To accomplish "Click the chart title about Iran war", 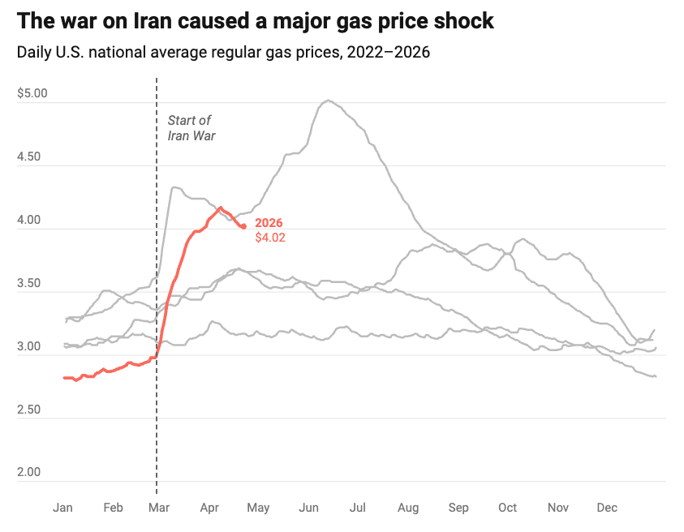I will [x=255, y=20].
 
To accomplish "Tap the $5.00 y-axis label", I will [x=32, y=93].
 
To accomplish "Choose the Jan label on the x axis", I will [x=62, y=508].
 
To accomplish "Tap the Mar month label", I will [x=158, y=508].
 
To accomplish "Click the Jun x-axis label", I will [x=308, y=508].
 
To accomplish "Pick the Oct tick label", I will [x=507, y=508].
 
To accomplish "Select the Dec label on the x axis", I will [x=607, y=508].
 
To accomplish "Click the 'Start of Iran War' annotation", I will [x=191, y=128].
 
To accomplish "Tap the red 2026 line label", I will [x=269, y=223].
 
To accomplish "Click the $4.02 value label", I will [x=270, y=238].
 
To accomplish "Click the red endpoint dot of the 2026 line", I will [x=244, y=226].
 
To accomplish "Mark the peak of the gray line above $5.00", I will [x=328, y=101].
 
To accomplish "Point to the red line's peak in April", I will [x=220, y=208].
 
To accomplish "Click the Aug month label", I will [x=408, y=508].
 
